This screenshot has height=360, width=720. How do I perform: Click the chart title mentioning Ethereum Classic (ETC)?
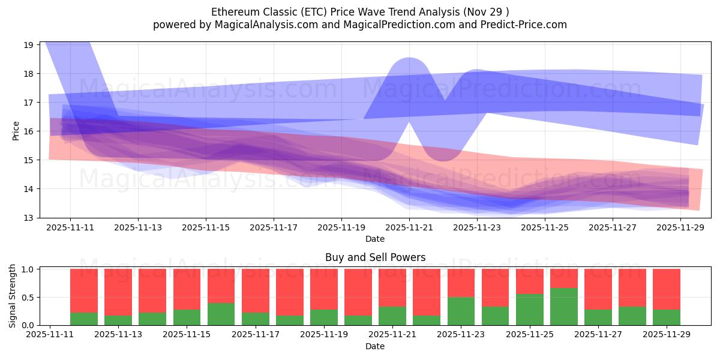tap(360, 12)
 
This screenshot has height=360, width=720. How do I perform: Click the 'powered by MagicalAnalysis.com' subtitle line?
tap(360, 25)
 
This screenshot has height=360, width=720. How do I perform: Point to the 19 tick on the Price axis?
tap(28, 45)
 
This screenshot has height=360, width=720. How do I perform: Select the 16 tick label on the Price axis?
tap(28, 131)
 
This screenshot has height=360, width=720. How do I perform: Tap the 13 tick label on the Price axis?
tap(28, 218)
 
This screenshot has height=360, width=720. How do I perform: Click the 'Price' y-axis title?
tap(16, 130)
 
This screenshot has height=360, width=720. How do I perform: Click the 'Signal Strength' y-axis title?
tap(13, 297)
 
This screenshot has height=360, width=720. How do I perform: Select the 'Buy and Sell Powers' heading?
tap(375, 257)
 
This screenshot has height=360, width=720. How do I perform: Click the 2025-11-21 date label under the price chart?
tap(409, 227)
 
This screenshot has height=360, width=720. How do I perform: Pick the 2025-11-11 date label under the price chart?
tap(70, 227)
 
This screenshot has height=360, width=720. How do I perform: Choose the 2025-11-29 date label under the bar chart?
tap(667, 335)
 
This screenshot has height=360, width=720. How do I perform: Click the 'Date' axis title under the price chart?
tap(375, 239)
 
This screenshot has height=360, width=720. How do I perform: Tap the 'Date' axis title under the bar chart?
tap(375, 346)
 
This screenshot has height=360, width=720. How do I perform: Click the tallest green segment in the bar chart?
tap(563, 307)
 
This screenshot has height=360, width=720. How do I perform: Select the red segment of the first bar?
tap(84, 290)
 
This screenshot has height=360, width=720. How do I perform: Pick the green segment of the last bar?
tap(667, 317)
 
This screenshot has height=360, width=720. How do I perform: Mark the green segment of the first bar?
tap(84, 319)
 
